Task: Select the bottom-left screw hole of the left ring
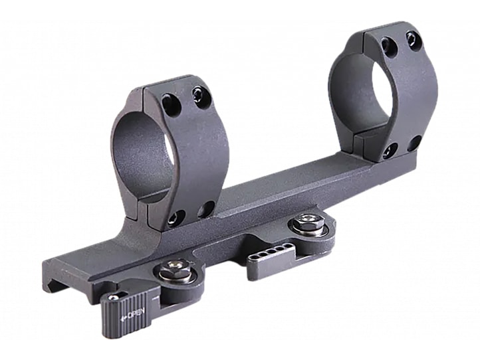pyautogui.click(x=176, y=218)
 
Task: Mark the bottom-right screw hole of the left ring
pyautogui.click(x=205, y=209)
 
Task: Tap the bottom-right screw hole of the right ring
pyautogui.click(x=414, y=142)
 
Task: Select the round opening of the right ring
pyautogui.click(x=364, y=92)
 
